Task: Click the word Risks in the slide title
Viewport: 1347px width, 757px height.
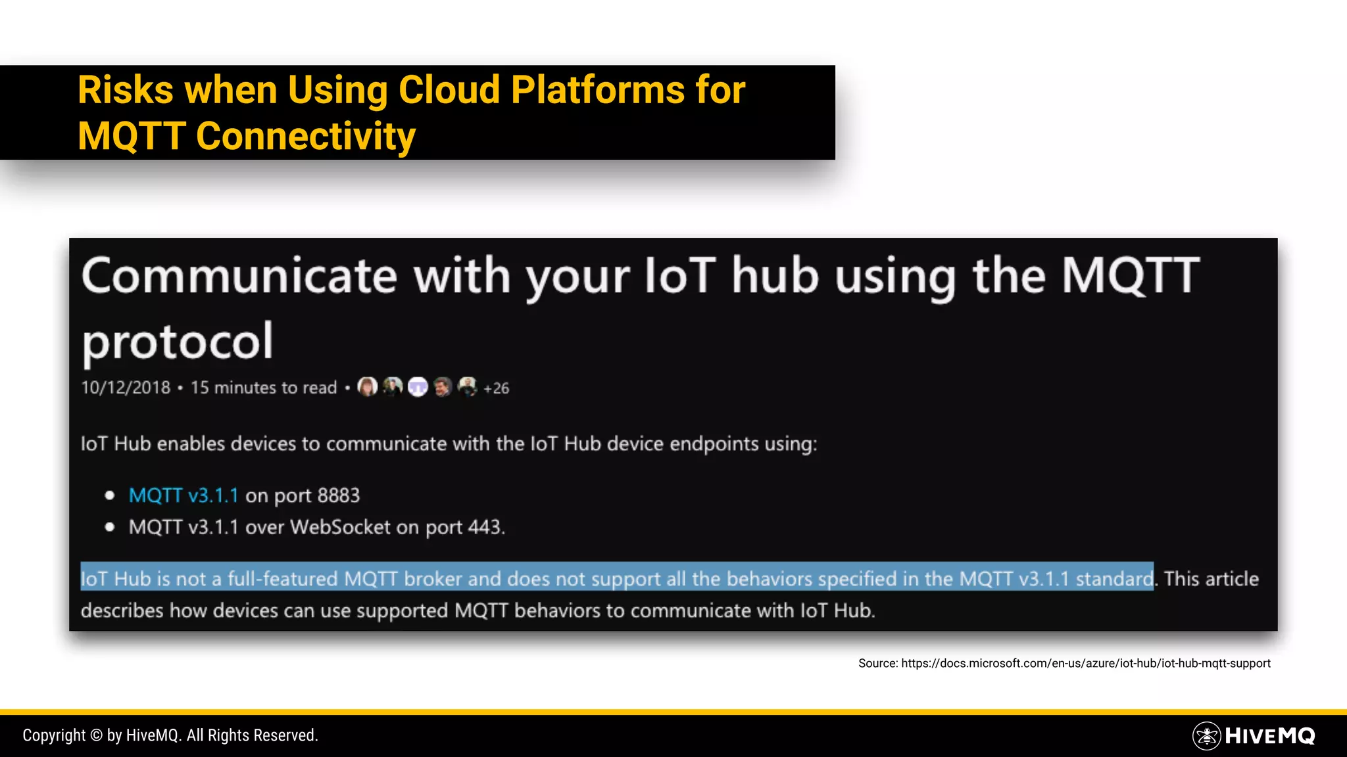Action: pyautogui.click(x=125, y=90)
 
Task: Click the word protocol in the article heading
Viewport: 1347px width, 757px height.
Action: pyautogui.click(x=177, y=342)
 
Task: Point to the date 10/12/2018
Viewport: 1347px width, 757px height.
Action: pyautogui.click(x=126, y=388)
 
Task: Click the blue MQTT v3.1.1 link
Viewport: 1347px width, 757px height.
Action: pyautogui.click(x=184, y=495)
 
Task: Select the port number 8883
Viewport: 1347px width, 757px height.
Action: pyautogui.click(x=338, y=495)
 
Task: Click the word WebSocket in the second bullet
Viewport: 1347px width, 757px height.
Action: pyautogui.click(x=340, y=527)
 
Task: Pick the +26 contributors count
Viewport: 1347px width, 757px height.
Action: pyautogui.click(x=497, y=388)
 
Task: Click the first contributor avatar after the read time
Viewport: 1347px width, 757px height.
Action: pyautogui.click(x=367, y=387)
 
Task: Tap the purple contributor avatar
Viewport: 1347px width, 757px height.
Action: pyautogui.click(x=418, y=387)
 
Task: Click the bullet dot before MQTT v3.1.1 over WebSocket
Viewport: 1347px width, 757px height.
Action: pyautogui.click(x=110, y=527)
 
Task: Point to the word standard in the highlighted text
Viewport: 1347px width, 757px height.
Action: pyautogui.click(x=1114, y=579)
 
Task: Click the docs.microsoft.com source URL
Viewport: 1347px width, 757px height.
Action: pyautogui.click(x=1085, y=664)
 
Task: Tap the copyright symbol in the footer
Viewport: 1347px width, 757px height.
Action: pyautogui.click(x=96, y=735)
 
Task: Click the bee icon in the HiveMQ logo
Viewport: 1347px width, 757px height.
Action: pyautogui.click(x=1206, y=736)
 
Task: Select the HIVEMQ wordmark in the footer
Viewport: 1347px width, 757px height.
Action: pyautogui.click(x=1269, y=736)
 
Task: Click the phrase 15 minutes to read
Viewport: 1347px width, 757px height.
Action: pyautogui.click(x=263, y=388)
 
